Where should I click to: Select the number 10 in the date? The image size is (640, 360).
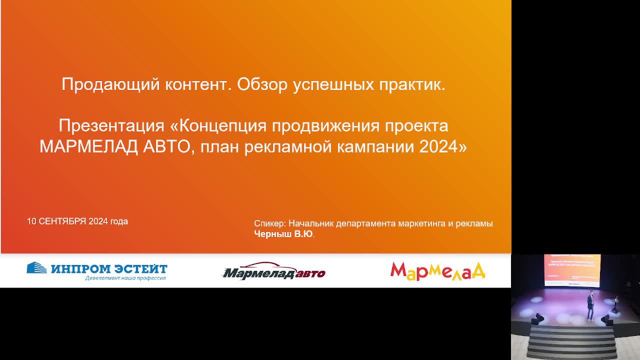(31, 221)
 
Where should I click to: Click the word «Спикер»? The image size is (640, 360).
(270, 223)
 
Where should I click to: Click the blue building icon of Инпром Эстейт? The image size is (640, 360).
(36, 268)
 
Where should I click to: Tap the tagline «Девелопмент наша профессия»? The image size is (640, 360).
(125, 278)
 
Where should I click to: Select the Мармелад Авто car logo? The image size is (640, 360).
(274, 271)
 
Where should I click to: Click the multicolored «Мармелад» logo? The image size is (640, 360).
(437, 270)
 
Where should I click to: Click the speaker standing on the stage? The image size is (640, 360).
(590, 306)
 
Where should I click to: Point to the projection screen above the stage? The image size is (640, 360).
(572, 270)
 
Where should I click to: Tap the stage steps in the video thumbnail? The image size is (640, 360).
(571, 342)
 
